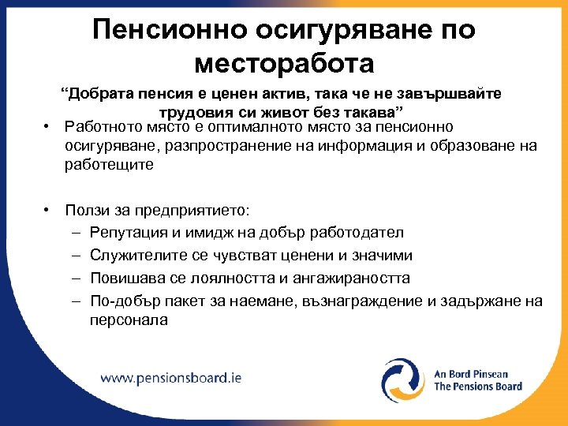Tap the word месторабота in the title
(283, 63)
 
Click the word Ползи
(87, 211)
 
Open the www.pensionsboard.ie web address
(170, 377)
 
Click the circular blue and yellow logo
(403, 380)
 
